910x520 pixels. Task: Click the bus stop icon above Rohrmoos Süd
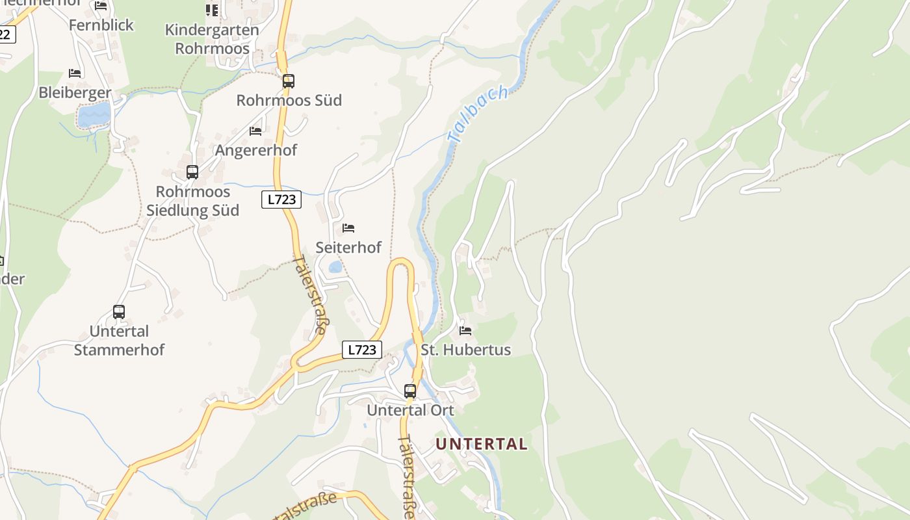(289, 81)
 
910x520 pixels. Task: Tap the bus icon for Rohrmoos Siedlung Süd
(192, 172)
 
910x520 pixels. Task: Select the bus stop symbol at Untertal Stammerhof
(119, 312)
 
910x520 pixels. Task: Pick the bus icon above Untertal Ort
(410, 391)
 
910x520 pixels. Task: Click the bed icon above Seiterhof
(348, 228)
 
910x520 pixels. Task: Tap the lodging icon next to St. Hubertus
(465, 330)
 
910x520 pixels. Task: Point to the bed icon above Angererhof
(255, 131)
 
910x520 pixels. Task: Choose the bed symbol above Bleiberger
(75, 73)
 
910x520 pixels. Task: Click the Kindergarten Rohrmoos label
(212, 39)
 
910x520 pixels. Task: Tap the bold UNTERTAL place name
(482, 444)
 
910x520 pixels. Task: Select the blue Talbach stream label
(478, 114)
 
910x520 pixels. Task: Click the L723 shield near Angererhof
(282, 200)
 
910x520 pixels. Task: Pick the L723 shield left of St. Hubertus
(362, 350)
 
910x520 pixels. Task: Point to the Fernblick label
(101, 25)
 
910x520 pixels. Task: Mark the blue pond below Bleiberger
(94, 116)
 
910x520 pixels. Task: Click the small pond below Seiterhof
(335, 267)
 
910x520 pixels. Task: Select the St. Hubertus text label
(465, 350)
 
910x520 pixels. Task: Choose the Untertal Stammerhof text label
(119, 341)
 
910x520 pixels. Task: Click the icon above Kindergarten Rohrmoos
(212, 10)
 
